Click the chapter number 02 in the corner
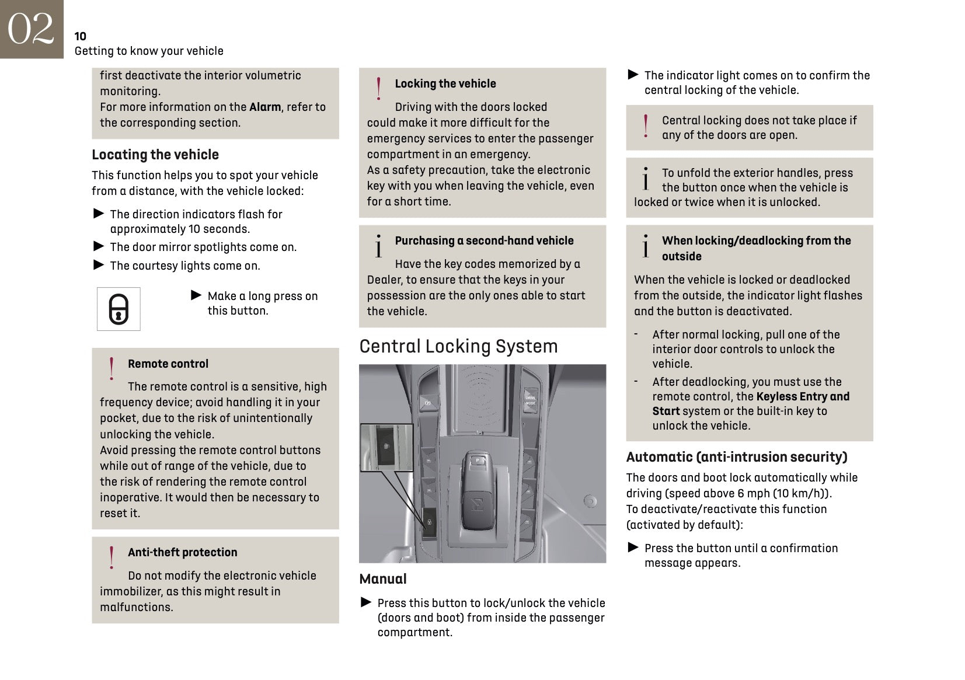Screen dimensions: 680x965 [31, 29]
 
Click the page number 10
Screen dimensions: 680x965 [81, 36]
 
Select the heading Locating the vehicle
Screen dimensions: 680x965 [155, 155]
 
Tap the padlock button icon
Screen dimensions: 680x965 [119, 309]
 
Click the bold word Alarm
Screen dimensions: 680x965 [265, 107]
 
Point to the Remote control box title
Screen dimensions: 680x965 [168, 364]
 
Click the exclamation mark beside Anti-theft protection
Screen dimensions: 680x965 [112, 557]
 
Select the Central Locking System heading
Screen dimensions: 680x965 [458, 346]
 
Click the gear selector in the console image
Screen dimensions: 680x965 [478, 490]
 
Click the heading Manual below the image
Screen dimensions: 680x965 [383, 579]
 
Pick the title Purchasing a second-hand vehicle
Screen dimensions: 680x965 [484, 240]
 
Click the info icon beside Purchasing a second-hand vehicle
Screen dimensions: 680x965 [378, 246]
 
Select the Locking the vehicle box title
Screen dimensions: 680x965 [445, 83]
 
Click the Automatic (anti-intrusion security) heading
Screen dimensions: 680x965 [737, 457]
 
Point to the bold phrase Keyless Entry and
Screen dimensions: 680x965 [803, 396]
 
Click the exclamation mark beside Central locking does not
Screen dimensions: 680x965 [645, 126]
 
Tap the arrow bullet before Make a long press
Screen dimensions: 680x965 [197, 295]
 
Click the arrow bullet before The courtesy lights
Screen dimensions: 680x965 [99, 265]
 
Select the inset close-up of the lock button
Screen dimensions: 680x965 [386, 447]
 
